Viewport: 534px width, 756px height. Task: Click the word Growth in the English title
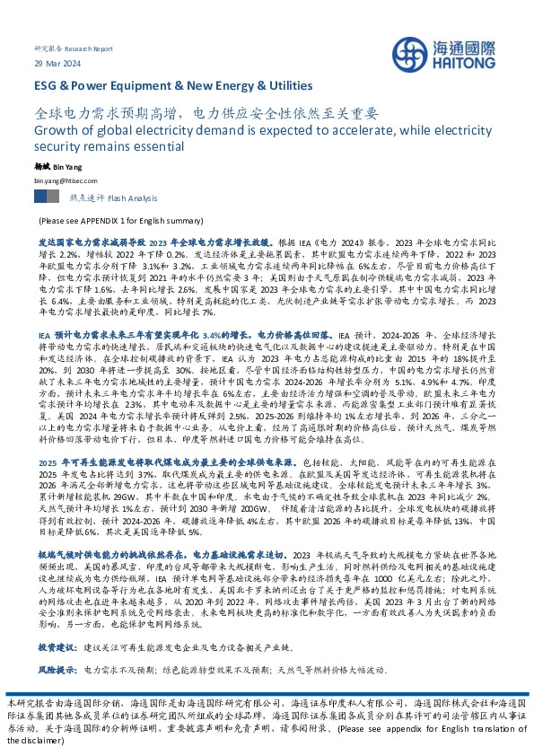click(57, 132)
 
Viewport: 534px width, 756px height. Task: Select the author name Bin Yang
click(70, 167)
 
